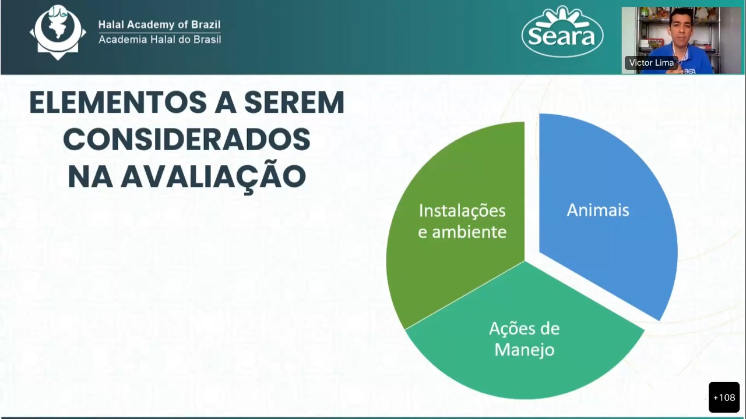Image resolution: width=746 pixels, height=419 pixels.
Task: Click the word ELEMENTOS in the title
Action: click(x=118, y=102)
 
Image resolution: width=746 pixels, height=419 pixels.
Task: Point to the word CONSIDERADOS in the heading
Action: click(x=187, y=139)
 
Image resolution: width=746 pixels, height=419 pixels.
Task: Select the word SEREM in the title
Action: click(x=294, y=102)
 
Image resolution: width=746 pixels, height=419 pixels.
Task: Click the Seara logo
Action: click(x=562, y=32)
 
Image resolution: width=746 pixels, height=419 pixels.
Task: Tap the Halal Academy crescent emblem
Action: click(x=58, y=32)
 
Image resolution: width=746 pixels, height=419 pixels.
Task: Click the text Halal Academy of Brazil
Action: click(x=160, y=24)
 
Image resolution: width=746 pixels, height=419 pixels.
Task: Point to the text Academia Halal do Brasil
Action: click(x=160, y=40)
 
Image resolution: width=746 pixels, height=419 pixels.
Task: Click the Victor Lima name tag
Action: click(x=652, y=62)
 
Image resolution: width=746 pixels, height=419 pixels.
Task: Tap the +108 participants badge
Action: click(x=724, y=397)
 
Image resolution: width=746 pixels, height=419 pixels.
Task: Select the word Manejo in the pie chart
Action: click(x=525, y=350)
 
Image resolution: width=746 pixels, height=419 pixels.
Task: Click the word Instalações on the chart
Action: click(x=462, y=211)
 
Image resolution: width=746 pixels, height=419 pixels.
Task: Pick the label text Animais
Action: click(x=598, y=210)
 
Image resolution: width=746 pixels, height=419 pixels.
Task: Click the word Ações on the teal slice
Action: click(x=510, y=329)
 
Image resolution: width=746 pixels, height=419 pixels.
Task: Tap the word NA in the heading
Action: click(x=90, y=177)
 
